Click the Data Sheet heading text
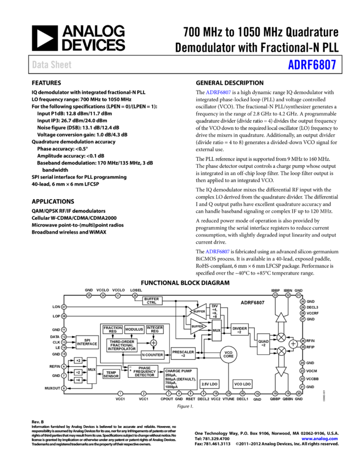coord(52,64)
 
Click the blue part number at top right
coord(312,65)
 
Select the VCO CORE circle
coord(228,355)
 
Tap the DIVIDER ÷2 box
coord(239,329)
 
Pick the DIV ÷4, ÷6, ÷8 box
coord(215,311)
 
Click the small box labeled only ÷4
coord(78,380)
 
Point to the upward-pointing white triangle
coord(281,317)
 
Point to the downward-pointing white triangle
coord(281,371)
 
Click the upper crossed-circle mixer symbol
coord(281,338)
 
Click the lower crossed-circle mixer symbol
coord(281,351)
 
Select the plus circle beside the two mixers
coord(293,344)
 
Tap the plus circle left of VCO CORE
coord(153,343)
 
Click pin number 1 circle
coord(121,394)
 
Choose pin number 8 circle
coord(64,388)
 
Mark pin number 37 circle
coord(64,307)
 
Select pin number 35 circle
coord(89,295)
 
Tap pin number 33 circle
coord(275,295)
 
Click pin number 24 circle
coord(302,363)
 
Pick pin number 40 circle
coord(243,394)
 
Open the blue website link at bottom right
coord(319,439)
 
